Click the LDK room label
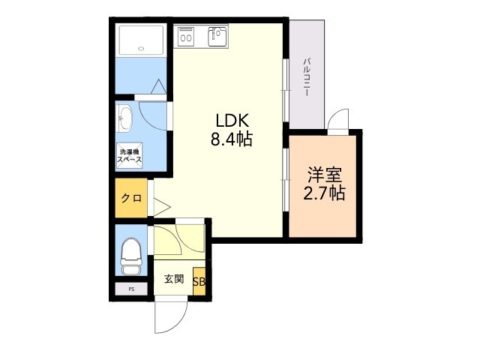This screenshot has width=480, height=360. pyautogui.click(x=232, y=120)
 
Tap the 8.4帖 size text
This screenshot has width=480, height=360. pyautogui.click(x=232, y=139)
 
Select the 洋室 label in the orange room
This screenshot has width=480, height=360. pyautogui.click(x=325, y=175)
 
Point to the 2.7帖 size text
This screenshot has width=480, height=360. pyautogui.click(x=325, y=193)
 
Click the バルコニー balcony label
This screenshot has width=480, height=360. pyautogui.click(x=307, y=78)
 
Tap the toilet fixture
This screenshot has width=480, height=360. pyautogui.click(x=131, y=256)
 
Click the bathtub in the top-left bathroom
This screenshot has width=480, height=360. pyautogui.click(x=141, y=40)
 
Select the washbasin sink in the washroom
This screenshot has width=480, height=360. pyautogui.click(x=124, y=118)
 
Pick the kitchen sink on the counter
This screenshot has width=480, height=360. pyautogui.click(x=217, y=37)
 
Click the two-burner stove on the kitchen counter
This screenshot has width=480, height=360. pyautogui.click(x=186, y=37)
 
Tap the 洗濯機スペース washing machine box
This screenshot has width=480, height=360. pyautogui.click(x=130, y=155)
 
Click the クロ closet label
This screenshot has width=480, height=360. pyautogui.click(x=131, y=198)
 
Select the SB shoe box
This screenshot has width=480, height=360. pyautogui.click(x=199, y=282)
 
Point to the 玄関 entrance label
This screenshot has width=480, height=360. pyautogui.click(x=174, y=279)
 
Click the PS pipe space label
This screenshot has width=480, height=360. pyautogui.click(x=132, y=289)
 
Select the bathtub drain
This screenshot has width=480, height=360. pyautogui.click(x=141, y=48)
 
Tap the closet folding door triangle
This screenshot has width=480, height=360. pyautogui.click(x=162, y=207)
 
